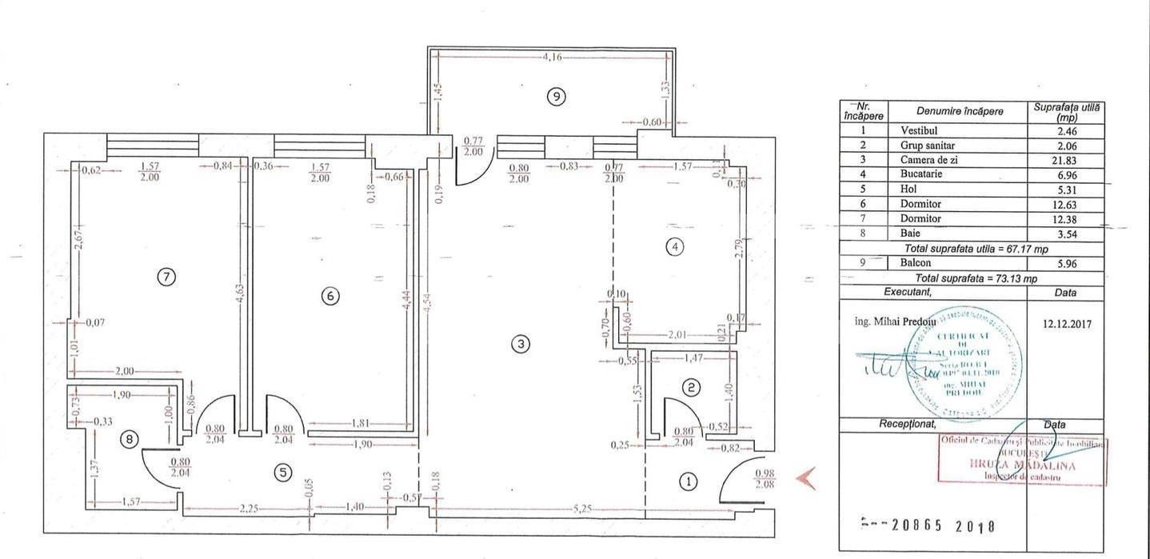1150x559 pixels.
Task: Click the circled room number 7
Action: pos(166,277)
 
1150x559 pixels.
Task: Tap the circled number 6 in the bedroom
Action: pos(329,296)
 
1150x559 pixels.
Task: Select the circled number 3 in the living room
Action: pos(521,345)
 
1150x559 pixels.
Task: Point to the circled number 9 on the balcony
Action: pos(557,97)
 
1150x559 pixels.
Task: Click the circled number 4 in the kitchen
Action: pos(675,247)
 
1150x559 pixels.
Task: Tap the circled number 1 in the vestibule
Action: pos(688,481)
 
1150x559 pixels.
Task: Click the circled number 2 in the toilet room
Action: pos(692,388)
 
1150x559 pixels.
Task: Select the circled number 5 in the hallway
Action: pos(282,473)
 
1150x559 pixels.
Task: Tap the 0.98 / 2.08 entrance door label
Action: pos(765,478)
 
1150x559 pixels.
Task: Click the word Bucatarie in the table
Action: pos(921,174)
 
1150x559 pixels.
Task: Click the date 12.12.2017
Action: pos(1066,325)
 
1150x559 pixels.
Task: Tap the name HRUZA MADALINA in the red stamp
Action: pos(1022,465)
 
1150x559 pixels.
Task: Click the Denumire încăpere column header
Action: pos(959,111)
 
